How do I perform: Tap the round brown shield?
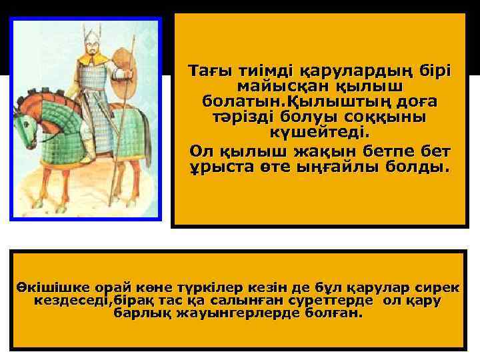tap(125, 68)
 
